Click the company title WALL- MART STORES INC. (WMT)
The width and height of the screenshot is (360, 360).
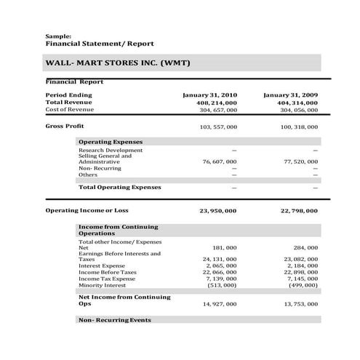tap(117, 63)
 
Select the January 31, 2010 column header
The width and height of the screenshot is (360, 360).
tap(210, 95)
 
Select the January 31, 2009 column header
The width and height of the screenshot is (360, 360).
tap(290, 95)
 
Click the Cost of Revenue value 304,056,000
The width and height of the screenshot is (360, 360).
tap(298, 110)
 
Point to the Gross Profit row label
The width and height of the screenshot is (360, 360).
tap(65, 126)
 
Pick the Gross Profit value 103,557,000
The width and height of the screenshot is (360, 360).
tap(217, 127)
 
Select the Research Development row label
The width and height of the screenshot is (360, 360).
tap(111, 150)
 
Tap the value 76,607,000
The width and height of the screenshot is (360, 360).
tap(219, 161)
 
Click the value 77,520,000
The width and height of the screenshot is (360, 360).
tap(300, 161)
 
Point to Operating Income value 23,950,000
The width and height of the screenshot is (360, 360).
tap(217, 211)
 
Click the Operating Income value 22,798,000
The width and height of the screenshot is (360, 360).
tap(298, 211)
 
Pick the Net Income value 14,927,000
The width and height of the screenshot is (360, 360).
tap(219, 303)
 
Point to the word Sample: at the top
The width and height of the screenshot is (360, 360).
tap(58, 36)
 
